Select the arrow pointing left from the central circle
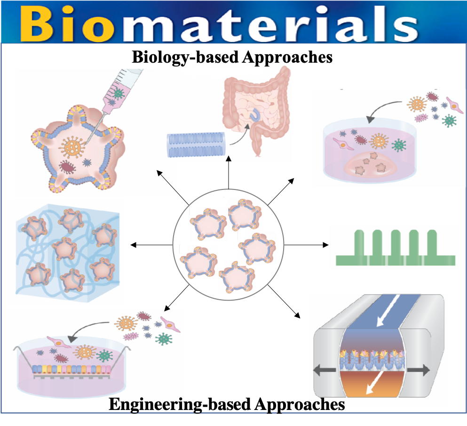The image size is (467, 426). [150, 245]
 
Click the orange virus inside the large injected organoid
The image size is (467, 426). [72, 147]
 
